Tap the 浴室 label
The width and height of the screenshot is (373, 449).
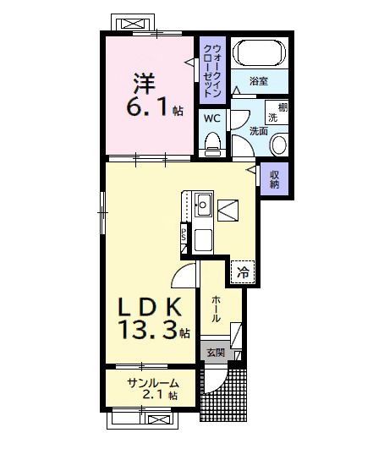tap(259, 81)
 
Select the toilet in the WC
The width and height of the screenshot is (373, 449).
tap(211, 143)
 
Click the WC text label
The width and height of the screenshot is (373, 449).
tap(211, 118)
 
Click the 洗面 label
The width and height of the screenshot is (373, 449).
tap(259, 131)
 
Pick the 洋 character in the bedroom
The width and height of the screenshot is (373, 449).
tap(141, 85)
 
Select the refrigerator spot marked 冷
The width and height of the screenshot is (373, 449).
tap(242, 273)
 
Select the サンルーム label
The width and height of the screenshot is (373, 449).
tap(152, 382)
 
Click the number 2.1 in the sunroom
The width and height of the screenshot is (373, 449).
tap(157, 395)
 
